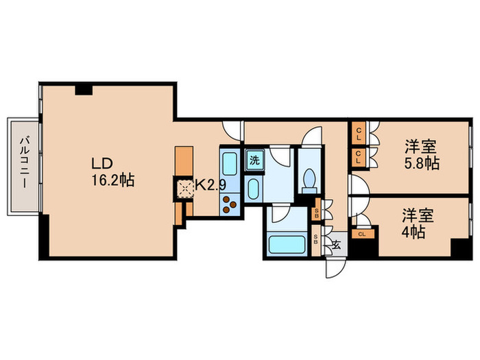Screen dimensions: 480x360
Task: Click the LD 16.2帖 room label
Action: coord(113,172)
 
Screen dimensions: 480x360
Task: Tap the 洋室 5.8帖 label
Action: coord(422,154)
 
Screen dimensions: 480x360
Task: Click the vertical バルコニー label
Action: coord(24,163)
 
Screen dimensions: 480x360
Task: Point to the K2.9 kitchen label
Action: coord(211,184)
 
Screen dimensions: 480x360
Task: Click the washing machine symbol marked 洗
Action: coord(254,160)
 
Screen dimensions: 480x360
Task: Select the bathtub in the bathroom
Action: coord(287,244)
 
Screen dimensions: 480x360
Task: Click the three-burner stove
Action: coord(230,204)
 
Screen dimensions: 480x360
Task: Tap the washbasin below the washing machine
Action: coord(254,189)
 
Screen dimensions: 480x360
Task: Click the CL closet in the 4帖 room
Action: coord(363,235)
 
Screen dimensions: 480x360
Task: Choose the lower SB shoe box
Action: coord(315,241)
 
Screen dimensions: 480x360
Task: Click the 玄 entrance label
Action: coord(337,245)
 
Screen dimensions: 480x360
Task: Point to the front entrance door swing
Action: coord(335,268)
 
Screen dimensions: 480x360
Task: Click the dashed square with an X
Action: coord(184,189)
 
